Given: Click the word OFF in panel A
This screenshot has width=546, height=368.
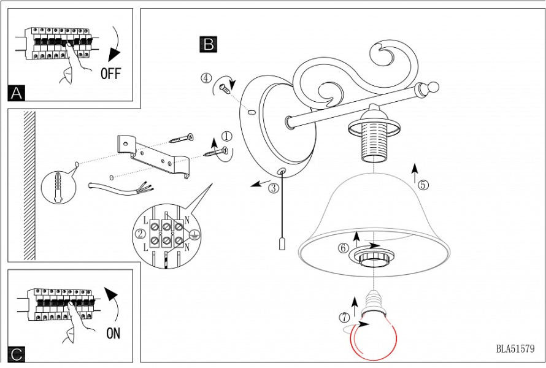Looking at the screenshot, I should click(x=111, y=74).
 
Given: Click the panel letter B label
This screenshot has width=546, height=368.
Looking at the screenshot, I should click(x=209, y=44).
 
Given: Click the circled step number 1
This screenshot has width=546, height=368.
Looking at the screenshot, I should click(x=227, y=136).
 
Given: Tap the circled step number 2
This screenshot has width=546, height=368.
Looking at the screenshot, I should click(x=140, y=233).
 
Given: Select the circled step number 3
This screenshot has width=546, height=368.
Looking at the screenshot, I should click(x=274, y=188).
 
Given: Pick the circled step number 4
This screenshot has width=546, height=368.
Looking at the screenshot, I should click(x=207, y=78).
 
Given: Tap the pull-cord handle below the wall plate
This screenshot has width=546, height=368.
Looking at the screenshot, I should click(x=282, y=243).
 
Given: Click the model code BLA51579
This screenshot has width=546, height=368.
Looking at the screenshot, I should click(x=516, y=349).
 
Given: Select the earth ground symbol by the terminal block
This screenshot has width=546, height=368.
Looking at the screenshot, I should click(x=194, y=233).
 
